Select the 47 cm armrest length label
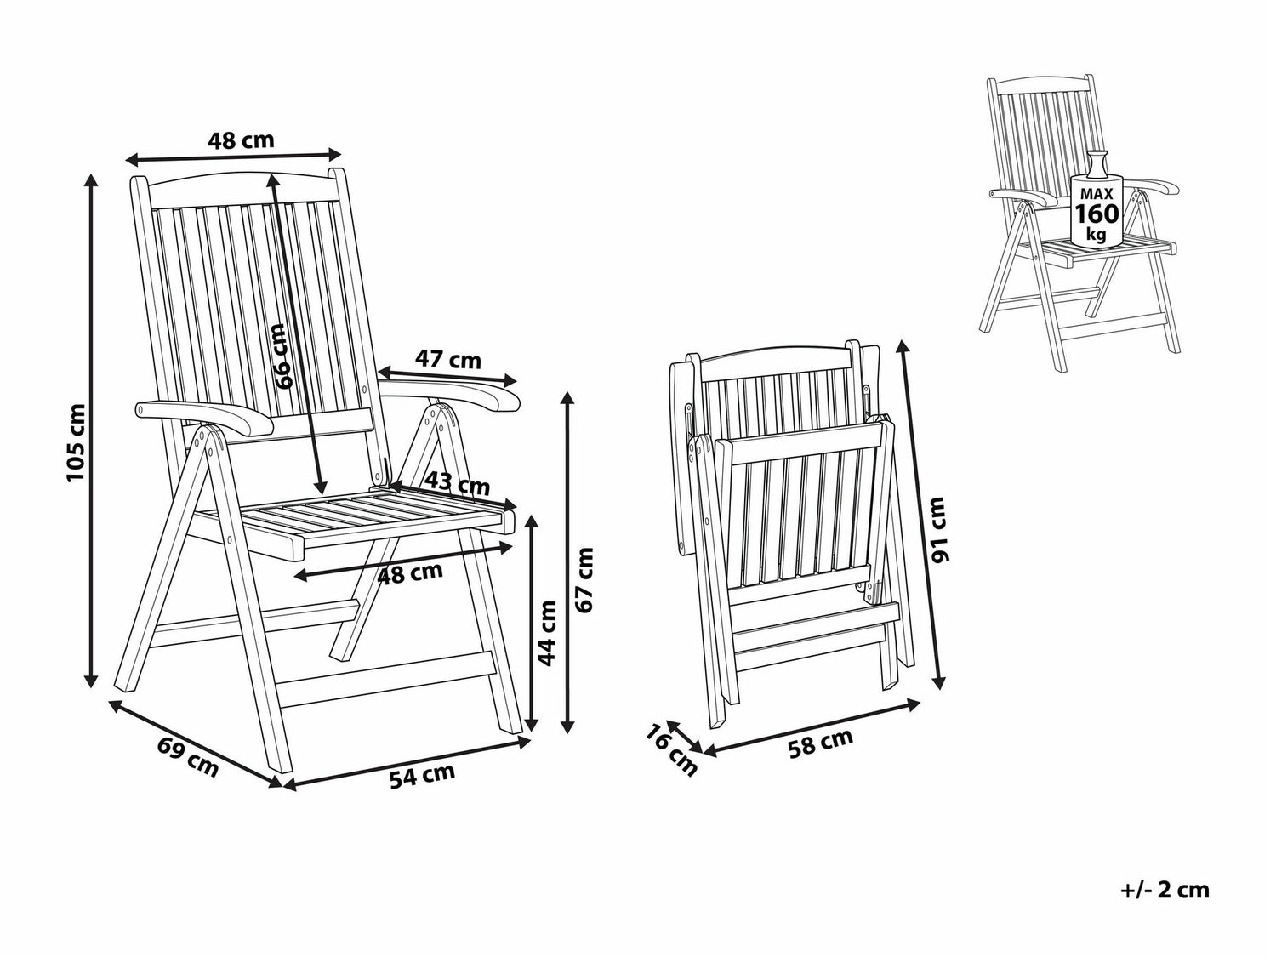pyautogui.click(x=447, y=360)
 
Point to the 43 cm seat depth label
pyautogui.click(x=457, y=484)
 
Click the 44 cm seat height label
pyautogui.click(x=546, y=634)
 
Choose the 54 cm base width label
pyautogui.click(x=422, y=776)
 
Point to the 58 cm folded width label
pyautogui.click(x=820, y=744)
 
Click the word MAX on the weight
pyautogui.click(x=1097, y=193)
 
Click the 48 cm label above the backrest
pyautogui.click(x=241, y=140)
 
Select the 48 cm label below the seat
pyautogui.click(x=410, y=573)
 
